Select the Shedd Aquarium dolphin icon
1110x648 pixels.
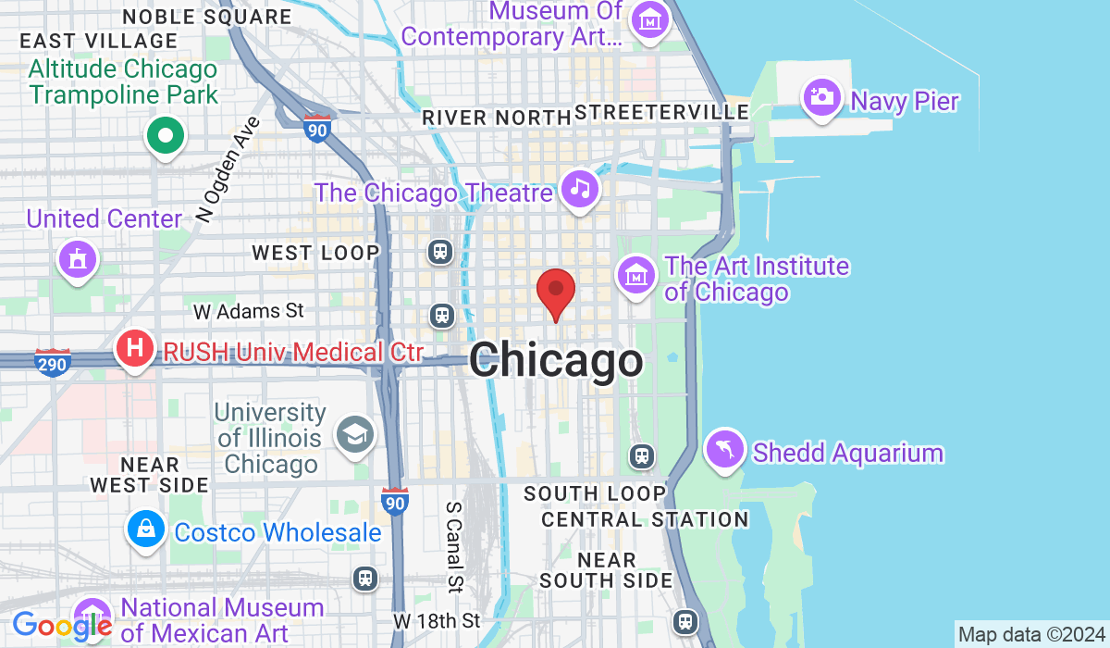(x=724, y=451)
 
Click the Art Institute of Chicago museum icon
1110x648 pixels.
(x=636, y=275)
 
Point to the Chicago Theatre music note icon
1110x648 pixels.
(x=580, y=190)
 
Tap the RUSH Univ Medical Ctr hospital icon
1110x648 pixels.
(x=134, y=350)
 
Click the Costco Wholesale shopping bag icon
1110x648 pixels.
(x=146, y=530)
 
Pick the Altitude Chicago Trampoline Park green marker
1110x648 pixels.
(x=166, y=137)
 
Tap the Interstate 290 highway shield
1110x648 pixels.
(x=53, y=362)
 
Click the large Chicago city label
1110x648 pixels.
(x=556, y=360)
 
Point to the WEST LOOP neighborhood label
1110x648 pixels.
(x=315, y=253)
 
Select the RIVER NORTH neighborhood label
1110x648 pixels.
(x=496, y=118)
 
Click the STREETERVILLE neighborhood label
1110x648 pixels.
(x=661, y=112)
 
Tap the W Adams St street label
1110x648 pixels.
(x=249, y=310)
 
